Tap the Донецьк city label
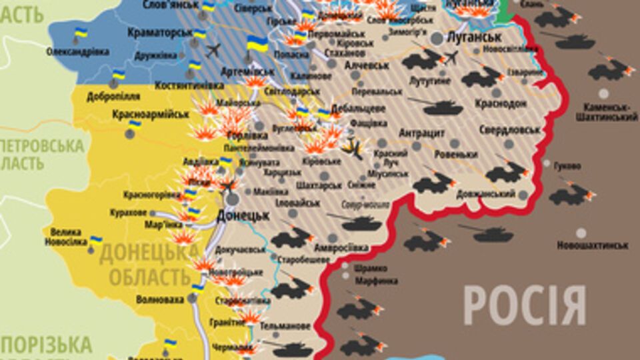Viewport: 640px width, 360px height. tap(243, 215)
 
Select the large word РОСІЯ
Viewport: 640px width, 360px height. tap(525, 305)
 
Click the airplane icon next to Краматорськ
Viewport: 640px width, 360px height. tap(213, 51)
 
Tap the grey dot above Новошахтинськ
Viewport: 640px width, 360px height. tap(581, 233)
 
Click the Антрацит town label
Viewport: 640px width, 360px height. tap(421, 133)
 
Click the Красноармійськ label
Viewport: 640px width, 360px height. tap(150, 114)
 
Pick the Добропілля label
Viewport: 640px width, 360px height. tap(112, 96)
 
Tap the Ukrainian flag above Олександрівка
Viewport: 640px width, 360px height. tap(81, 33)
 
